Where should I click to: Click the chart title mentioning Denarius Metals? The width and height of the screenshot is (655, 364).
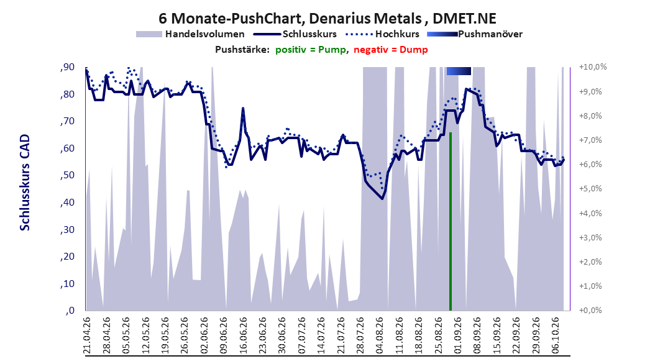pyautogui.click(x=327, y=19)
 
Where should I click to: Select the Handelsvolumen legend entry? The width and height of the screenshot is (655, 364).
pyautogui.click(x=190, y=34)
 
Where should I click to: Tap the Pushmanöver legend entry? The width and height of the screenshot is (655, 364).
pyautogui.click(x=475, y=34)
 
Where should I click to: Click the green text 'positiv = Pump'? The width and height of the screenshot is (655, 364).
pyautogui.click(x=311, y=50)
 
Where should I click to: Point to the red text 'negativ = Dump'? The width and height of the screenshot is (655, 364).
pyautogui.click(x=391, y=50)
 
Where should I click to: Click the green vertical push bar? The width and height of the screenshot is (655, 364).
pyautogui.click(x=451, y=221)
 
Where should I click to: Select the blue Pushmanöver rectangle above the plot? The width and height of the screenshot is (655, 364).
pyautogui.click(x=459, y=71)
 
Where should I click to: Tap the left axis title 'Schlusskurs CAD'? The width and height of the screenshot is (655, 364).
pyautogui.click(x=25, y=182)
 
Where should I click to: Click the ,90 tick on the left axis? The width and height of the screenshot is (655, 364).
pyautogui.click(x=67, y=67)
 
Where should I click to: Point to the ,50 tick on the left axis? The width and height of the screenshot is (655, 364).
pyautogui.click(x=67, y=175)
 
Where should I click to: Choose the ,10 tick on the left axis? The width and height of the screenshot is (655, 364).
pyautogui.click(x=67, y=284)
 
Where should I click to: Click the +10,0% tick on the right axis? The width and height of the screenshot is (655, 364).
pyautogui.click(x=593, y=67)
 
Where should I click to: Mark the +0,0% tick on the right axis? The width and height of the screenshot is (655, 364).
pyautogui.click(x=590, y=310)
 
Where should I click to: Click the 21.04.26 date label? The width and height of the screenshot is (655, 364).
pyautogui.click(x=86, y=335)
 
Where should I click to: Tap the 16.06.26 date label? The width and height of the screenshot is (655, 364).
pyautogui.click(x=243, y=335)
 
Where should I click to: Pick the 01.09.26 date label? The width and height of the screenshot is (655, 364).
pyautogui.click(x=458, y=335)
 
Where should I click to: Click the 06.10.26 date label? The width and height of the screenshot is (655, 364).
pyautogui.click(x=556, y=335)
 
